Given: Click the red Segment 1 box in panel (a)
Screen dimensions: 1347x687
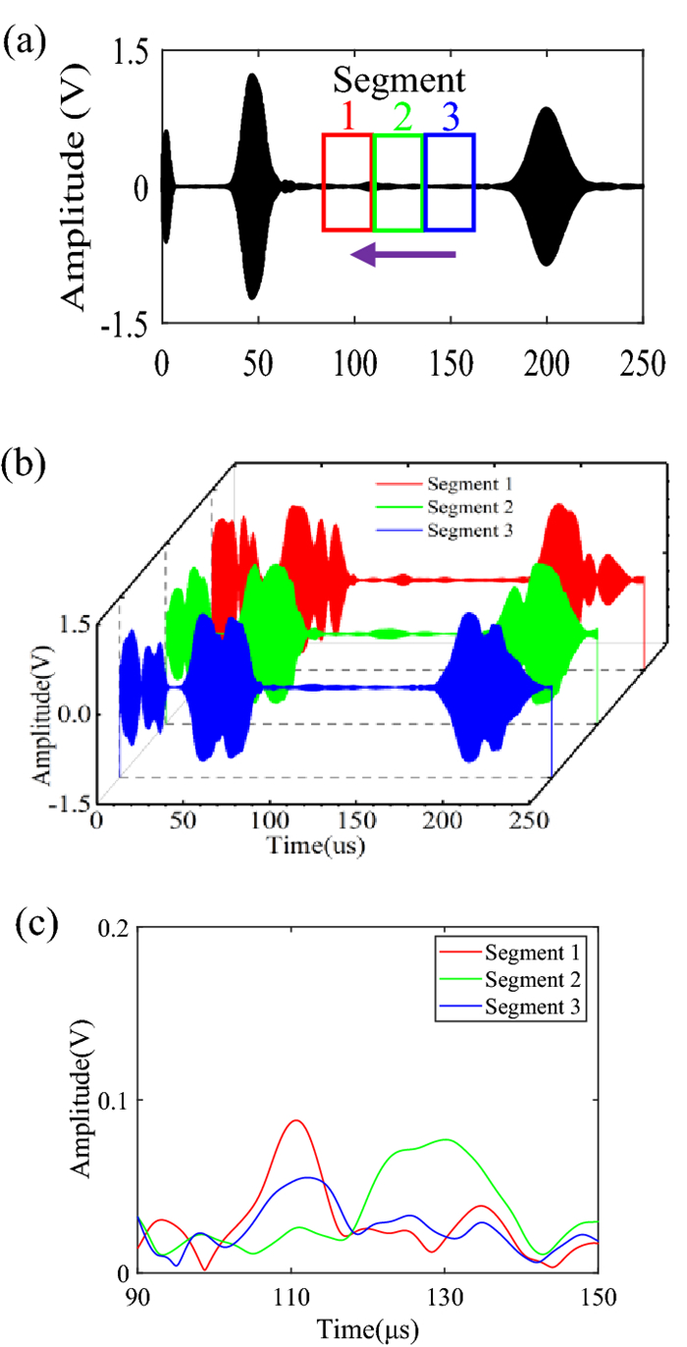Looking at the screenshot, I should point(347,182).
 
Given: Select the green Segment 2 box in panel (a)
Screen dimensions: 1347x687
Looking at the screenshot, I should point(398,182).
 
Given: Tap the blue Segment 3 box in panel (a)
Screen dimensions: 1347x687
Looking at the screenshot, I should point(449,182).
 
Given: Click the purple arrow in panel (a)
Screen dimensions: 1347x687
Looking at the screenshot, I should point(403,255).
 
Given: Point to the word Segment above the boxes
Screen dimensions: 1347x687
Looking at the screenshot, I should point(397,79).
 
